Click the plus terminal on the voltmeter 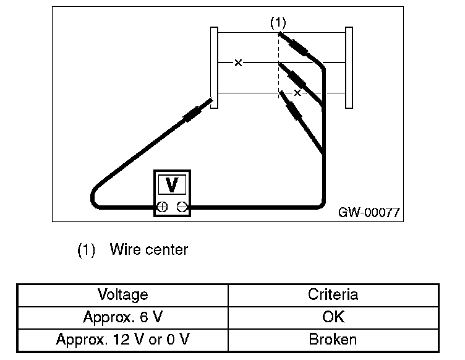coord(162,207)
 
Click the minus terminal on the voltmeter coord(182,207)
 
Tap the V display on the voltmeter coord(172,184)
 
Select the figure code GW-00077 coord(369,212)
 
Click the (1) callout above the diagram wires coord(278,23)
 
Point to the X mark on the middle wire coord(238,62)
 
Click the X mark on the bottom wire coord(297,93)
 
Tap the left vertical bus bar coord(214,67)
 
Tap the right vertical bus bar coord(349,67)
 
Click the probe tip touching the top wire coord(279,33)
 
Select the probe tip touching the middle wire coord(279,64)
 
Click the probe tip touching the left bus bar coord(211,100)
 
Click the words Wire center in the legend coord(149,249)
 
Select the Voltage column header coord(123,294)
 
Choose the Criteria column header coord(333,294)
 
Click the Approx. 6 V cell coord(123,317)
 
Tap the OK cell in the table coord(333,317)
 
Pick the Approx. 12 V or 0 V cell coord(122,339)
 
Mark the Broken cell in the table coord(333,339)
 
